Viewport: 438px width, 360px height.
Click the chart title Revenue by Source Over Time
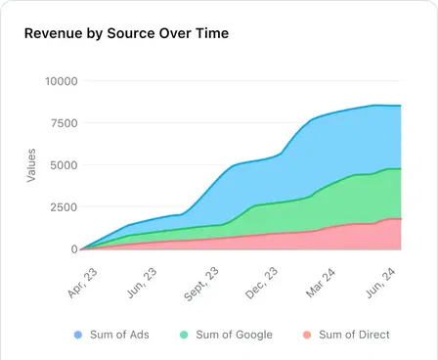pyautogui.click(x=126, y=33)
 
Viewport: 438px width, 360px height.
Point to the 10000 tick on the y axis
pyautogui.click(x=61, y=80)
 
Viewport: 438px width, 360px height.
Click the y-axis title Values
pyautogui.click(x=31, y=164)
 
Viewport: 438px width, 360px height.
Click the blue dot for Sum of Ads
pyautogui.click(x=78, y=335)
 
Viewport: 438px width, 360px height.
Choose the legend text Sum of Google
pyautogui.click(x=234, y=335)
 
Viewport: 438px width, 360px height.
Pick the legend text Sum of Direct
pyautogui.click(x=354, y=335)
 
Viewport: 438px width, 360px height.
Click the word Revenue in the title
pyautogui.click(x=55, y=33)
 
